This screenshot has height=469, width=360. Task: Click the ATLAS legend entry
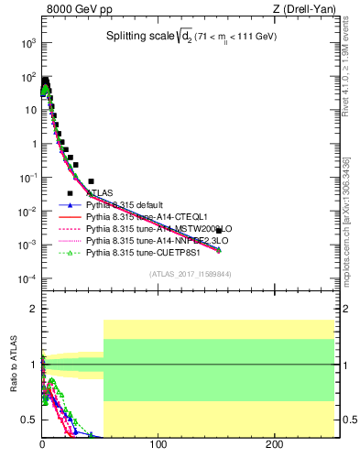tap(100, 193)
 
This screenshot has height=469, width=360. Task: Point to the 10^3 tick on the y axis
tap(29, 43)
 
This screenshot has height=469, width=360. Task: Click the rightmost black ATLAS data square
tap(219, 230)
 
